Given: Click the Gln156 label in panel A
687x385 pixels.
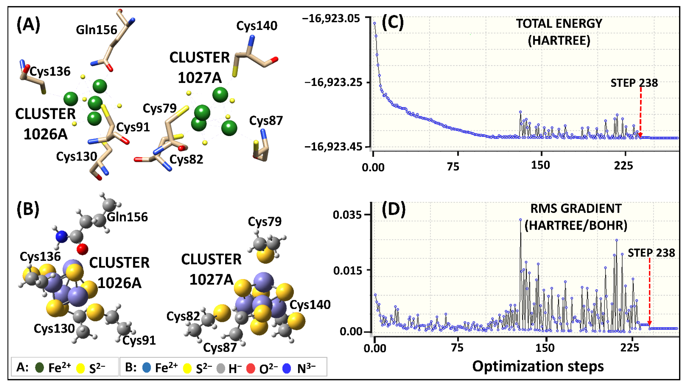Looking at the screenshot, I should [97, 30].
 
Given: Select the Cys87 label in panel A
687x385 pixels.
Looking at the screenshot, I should [266, 121].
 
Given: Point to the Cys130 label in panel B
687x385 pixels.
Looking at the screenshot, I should [54, 329].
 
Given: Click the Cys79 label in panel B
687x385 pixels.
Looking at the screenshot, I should [265, 222].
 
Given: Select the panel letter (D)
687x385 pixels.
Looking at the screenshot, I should [394, 209].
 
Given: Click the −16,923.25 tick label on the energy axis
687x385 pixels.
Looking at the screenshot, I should [333, 82].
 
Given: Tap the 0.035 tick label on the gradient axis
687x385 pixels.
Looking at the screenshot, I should [347, 215].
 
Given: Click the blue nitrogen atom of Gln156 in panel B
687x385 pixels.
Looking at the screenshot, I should [62, 236].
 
